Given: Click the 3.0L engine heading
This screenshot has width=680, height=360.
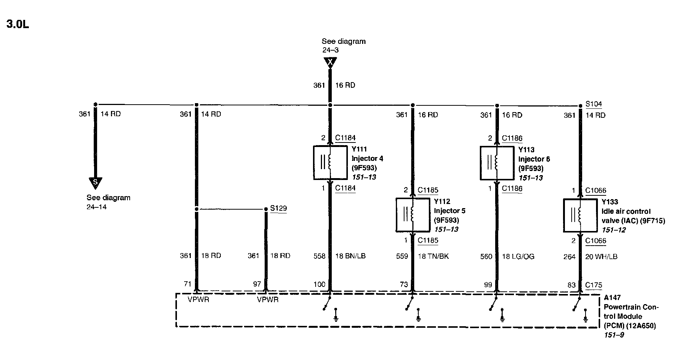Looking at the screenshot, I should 18,24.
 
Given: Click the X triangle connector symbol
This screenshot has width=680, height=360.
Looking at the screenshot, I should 330,62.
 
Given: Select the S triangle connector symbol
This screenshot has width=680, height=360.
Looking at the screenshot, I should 95,183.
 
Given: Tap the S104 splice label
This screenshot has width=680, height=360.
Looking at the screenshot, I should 593,104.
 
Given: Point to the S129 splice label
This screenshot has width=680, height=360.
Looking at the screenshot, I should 278,208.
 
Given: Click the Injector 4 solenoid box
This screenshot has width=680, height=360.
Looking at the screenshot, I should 330,163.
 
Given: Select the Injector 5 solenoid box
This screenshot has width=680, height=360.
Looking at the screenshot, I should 413,215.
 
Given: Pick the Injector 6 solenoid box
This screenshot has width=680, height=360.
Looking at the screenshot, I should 497,163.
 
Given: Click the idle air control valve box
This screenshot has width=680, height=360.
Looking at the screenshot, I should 580,215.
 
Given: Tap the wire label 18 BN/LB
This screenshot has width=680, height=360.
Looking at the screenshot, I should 350,256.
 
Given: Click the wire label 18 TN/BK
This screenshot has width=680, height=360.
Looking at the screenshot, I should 433,256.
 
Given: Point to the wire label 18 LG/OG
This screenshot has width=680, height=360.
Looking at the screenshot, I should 518,256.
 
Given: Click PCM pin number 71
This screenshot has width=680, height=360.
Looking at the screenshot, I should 187,284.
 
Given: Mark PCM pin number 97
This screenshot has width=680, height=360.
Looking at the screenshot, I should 257,284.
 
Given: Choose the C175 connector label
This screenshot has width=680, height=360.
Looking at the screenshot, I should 594,285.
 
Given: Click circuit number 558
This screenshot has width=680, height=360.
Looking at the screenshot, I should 319,256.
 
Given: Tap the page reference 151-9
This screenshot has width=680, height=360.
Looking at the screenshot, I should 614,335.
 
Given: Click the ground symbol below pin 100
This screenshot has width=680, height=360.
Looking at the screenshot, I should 336,316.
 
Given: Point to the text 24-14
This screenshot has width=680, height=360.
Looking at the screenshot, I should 97,207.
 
